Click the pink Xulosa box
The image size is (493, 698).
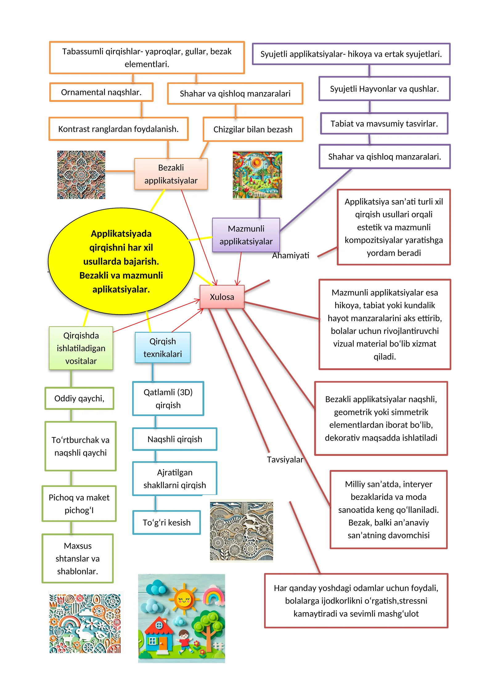(222, 297)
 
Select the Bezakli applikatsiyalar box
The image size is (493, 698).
(171, 174)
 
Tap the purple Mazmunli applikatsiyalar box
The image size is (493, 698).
(246, 235)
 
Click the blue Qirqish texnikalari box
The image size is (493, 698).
(162, 347)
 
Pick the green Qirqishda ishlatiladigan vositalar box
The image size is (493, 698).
(81, 348)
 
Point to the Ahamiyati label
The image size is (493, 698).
(291, 256)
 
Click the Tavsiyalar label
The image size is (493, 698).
(285, 459)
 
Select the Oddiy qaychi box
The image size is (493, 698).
(79, 398)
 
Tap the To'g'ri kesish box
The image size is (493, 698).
(166, 522)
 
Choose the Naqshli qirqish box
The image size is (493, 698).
(175, 439)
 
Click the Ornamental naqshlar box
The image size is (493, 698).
(101, 92)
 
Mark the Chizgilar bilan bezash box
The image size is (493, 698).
(253, 129)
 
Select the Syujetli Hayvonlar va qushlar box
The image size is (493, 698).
(385, 89)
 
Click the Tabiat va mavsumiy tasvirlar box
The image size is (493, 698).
(384, 124)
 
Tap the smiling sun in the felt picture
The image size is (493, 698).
(184, 600)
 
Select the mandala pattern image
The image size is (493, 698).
(81, 175)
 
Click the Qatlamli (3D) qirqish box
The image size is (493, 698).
(168, 399)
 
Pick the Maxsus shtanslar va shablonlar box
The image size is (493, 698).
(78, 559)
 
